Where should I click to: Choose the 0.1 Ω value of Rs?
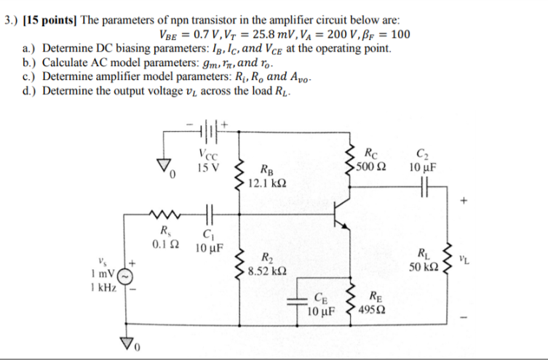coord(162,244)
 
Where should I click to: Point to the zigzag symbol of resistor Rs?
coord(162,215)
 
